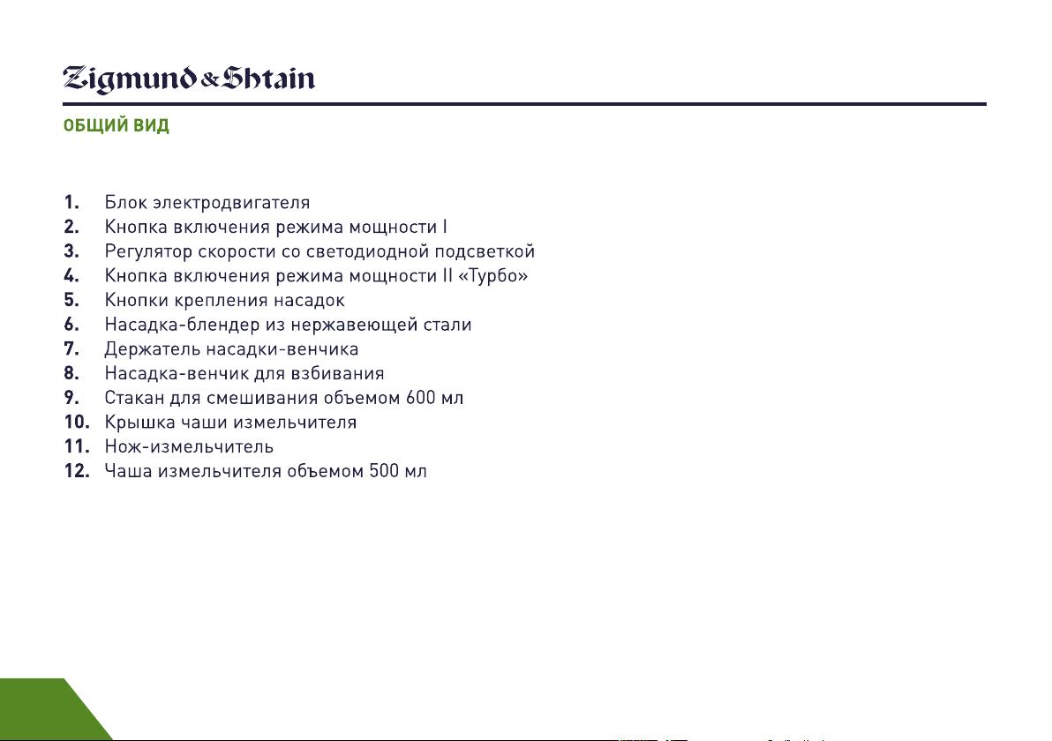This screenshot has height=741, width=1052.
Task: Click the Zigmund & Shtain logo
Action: coord(189,79)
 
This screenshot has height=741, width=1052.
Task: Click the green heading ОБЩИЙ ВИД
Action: coord(116,125)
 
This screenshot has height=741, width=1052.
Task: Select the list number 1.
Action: coord(71,202)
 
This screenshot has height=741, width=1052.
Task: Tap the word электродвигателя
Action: coord(231,203)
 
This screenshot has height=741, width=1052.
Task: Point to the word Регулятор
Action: coord(147,251)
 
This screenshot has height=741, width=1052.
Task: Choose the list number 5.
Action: coord(71,300)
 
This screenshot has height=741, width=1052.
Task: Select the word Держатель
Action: coord(153,349)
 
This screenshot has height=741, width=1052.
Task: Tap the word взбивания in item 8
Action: coord(337,373)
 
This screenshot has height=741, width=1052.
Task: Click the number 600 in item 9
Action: coord(420,398)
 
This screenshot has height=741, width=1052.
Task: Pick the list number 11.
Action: coord(77,446)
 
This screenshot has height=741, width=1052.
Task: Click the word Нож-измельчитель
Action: coord(189,446)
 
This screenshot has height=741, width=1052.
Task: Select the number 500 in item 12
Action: coord(384,471)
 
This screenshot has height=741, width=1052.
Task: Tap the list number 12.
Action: coord(77,471)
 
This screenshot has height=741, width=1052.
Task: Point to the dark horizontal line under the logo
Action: coord(524,104)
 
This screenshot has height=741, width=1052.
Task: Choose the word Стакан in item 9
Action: coord(134,398)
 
